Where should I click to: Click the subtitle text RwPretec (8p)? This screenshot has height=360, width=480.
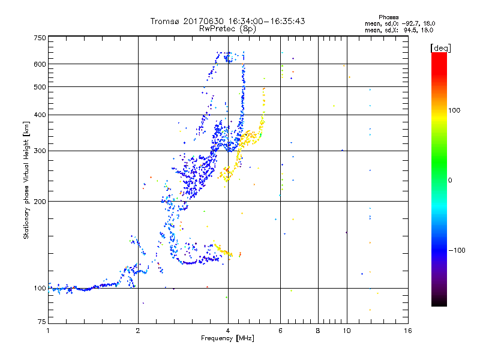click(228, 28)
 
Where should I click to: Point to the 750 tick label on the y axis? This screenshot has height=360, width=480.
click(40, 38)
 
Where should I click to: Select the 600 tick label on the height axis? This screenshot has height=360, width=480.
click(40, 64)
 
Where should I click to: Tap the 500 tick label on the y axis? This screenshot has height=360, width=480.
click(40, 87)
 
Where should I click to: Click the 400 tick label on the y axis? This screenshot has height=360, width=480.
click(40, 115)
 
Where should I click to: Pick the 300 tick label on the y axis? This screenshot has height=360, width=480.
click(40, 151)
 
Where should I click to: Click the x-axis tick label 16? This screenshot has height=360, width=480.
click(407, 331)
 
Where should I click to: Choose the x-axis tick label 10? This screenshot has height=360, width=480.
click(346, 331)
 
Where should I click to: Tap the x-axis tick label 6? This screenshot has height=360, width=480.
click(280, 331)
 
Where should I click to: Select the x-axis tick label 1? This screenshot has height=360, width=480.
click(48, 331)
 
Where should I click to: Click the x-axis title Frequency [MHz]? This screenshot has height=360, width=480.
click(227, 338)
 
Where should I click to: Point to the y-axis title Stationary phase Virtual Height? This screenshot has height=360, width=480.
click(26, 180)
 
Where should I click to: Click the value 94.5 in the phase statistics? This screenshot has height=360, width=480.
click(411, 30)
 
